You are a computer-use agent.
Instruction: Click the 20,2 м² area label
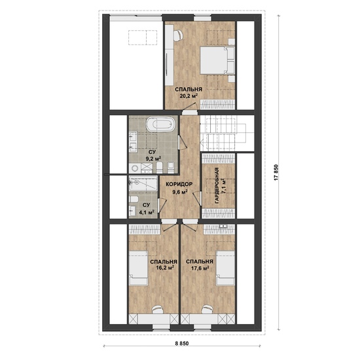click(189, 96)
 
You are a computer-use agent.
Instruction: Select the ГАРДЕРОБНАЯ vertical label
click(217, 186)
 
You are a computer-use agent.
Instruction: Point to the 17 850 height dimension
click(276, 172)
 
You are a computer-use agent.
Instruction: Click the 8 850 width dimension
click(182, 344)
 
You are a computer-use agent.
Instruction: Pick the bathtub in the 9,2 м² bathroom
click(161, 124)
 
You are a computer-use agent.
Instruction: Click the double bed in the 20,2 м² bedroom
click(217, 61)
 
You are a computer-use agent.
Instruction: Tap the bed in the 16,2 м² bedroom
click(138, 268)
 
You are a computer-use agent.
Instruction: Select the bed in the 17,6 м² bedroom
click(225, 268)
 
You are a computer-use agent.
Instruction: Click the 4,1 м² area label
click(146, 212)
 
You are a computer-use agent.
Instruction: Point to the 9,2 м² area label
click(153, 158)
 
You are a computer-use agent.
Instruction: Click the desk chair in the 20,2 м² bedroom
click(178, 36)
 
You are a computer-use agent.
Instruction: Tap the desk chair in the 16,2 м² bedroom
click(158, 309)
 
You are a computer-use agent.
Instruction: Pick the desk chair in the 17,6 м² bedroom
click(207, 309)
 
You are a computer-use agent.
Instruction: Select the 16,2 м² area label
click(164, 268)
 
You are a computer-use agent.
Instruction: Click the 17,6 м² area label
click(200, 268)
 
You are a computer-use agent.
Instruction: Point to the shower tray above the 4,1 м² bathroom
click(143, 183)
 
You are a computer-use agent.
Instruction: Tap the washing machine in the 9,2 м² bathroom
click(135, 168)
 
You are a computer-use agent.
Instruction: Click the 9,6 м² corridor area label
click(180, 192)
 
